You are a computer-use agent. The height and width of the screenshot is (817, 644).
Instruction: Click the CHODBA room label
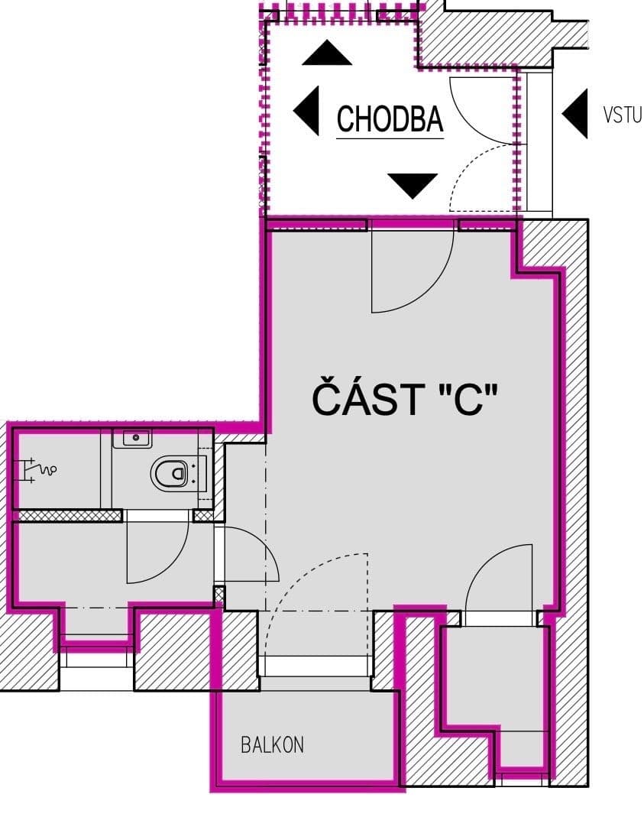390,119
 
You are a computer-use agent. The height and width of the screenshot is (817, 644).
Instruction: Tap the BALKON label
272,744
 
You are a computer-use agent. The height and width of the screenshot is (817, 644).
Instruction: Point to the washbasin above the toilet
133,439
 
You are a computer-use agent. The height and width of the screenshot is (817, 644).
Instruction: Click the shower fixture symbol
36,468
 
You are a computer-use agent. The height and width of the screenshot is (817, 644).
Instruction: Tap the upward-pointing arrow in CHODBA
327,53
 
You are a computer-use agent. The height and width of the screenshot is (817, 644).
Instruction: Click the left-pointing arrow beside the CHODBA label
307,111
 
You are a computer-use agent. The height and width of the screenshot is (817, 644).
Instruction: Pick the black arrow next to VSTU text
575,113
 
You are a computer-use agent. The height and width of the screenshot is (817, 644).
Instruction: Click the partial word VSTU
622,115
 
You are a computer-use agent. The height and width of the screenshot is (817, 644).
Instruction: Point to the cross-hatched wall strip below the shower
69,516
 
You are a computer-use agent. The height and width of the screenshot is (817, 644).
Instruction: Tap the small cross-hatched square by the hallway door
219,594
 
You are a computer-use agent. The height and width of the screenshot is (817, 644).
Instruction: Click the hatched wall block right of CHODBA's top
489,34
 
